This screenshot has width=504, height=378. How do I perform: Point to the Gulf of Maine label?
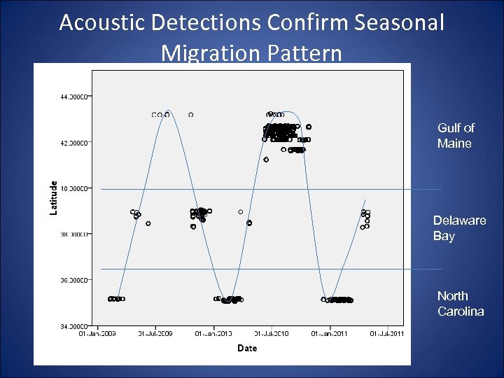click(x=455, y=136)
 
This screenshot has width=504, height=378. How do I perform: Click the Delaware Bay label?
click(x=458, y=228)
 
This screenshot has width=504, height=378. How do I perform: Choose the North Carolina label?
click(x=460, y=304)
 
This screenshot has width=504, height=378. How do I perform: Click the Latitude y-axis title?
click(x=54, y=198)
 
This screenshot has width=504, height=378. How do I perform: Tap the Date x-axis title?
click(x=246, y=348)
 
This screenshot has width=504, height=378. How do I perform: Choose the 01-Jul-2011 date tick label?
click(x=387, y=333)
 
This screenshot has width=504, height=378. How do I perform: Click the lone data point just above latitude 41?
click(x=266, y=160)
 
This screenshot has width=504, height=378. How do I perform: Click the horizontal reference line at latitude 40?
click(x=350, y=189)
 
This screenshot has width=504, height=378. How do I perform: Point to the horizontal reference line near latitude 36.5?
click(x=350, y=269)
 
